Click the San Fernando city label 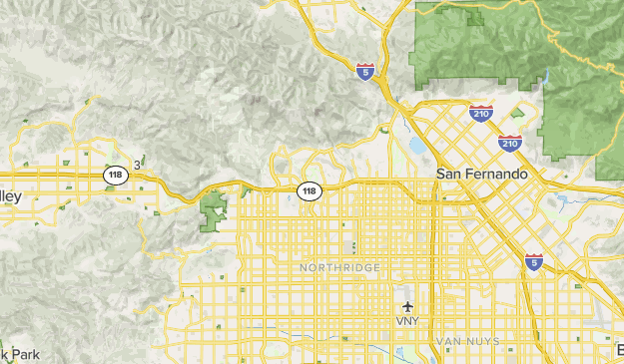pyautogui.click(x=482, y=174)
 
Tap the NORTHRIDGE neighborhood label pyautogui.click(x=339, y=268)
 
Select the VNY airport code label pyautogui.click(x=407, y=321)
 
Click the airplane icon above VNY pyautogui.click(x=407, y=306)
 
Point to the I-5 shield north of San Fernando pyautogui.click(x=365, y=72)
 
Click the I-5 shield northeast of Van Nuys pyautogui.click(x=534, y=261)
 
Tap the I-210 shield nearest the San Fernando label pyautogui.click(x=510, y=143)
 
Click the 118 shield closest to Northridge pyautogui.click(x=310, y=189)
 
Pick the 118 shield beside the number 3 pyautogui.click(x=116, y=175)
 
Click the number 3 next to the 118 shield pyautogui.click(x=137, y=166)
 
